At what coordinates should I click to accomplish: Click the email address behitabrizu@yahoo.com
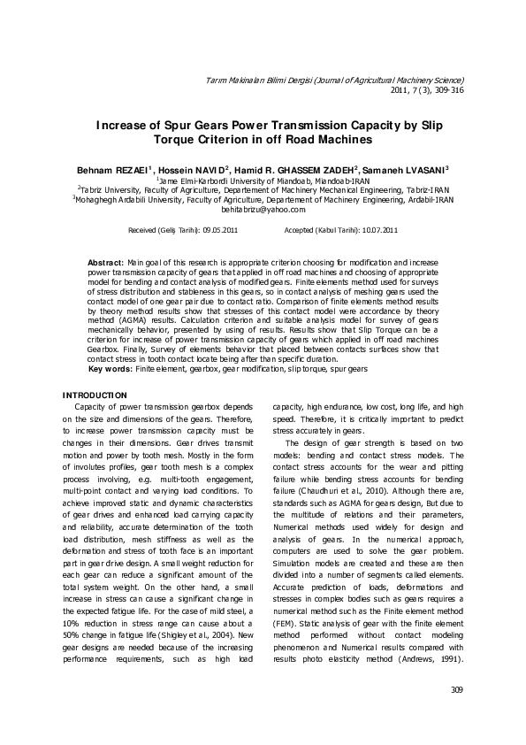click(x=263, y=210)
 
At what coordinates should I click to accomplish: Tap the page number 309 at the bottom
click(x=456, y=691)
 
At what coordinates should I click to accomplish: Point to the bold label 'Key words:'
click(x=111, y=368)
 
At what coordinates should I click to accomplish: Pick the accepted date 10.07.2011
click(x=379, y=229)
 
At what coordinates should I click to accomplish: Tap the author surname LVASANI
click(x=423, y=167)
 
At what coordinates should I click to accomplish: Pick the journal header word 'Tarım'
click(x=215, y=81)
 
